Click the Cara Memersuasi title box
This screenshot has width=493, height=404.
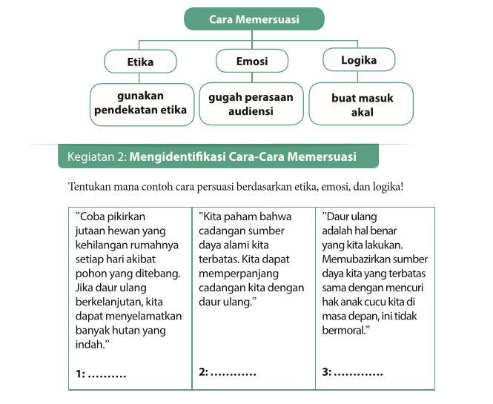click(254, 19)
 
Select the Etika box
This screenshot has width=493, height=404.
click(141, 62)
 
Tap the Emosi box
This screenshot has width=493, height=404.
click(252, 62)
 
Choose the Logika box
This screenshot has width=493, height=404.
click(360, 61)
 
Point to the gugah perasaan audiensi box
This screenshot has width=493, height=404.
click(251, 104)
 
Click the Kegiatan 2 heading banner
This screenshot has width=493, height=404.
click(218, 156)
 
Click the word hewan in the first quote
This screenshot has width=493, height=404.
click(128, 231)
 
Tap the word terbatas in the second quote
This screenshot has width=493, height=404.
click(219, 259)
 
